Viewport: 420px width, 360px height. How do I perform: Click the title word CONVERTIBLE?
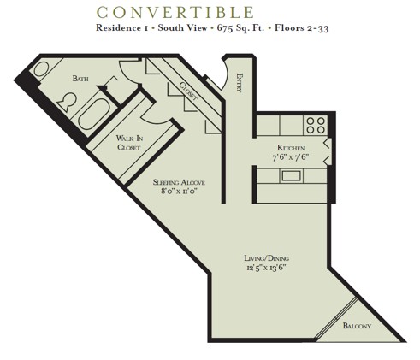point(175,12)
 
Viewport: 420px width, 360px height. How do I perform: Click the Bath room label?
point(80,79)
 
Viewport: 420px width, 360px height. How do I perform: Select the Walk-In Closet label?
point(130,142)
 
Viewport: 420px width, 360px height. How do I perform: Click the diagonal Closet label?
point(187,91)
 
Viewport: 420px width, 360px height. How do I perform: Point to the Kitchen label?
point(292,148)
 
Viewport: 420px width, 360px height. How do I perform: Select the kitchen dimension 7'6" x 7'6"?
point(291,157)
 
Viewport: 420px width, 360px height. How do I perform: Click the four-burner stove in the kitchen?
point(316,126)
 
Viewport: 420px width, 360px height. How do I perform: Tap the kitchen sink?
point(291,176)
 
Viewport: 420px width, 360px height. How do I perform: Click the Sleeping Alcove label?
point(178,182)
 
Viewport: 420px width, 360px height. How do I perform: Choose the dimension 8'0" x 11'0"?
point(178,192)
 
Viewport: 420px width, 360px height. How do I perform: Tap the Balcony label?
point(357,326)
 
